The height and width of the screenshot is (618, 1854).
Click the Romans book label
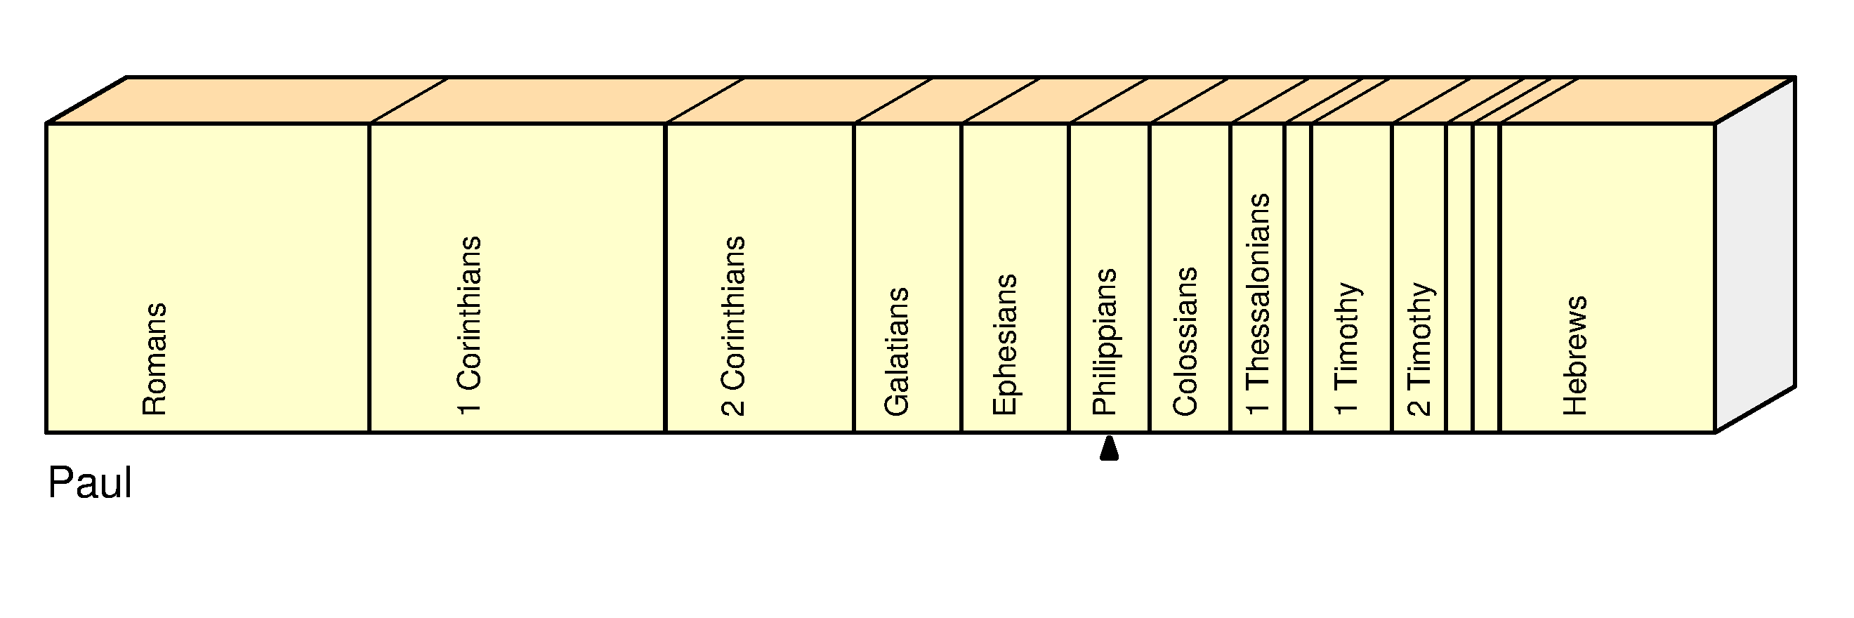(x=154, y=359)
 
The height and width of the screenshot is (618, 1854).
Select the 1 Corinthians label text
(x=469, y=325)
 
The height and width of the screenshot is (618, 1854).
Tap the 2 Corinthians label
(x=732, y=326)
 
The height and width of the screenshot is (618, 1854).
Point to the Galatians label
(x=897, y=351)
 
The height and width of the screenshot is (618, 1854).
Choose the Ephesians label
(x=1005, y=345)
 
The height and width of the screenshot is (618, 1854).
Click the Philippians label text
(x=1104, y=342)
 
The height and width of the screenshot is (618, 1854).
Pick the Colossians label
(x=1185, y=341)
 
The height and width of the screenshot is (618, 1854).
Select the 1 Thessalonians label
(x=1257, y=304)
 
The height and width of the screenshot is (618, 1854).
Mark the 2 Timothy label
(x=1419, y=349)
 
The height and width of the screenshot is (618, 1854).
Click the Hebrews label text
(x=1574, y=355)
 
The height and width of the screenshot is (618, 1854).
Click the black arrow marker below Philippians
(x=1109, y=448)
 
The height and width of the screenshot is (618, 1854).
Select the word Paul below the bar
(x=90, y=482)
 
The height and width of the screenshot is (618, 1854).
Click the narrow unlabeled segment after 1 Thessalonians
(x=1298, y=277)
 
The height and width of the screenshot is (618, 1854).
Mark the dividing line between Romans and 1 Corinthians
(x=369, y=277)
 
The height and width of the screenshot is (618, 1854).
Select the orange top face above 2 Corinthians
(x=799, y=100)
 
